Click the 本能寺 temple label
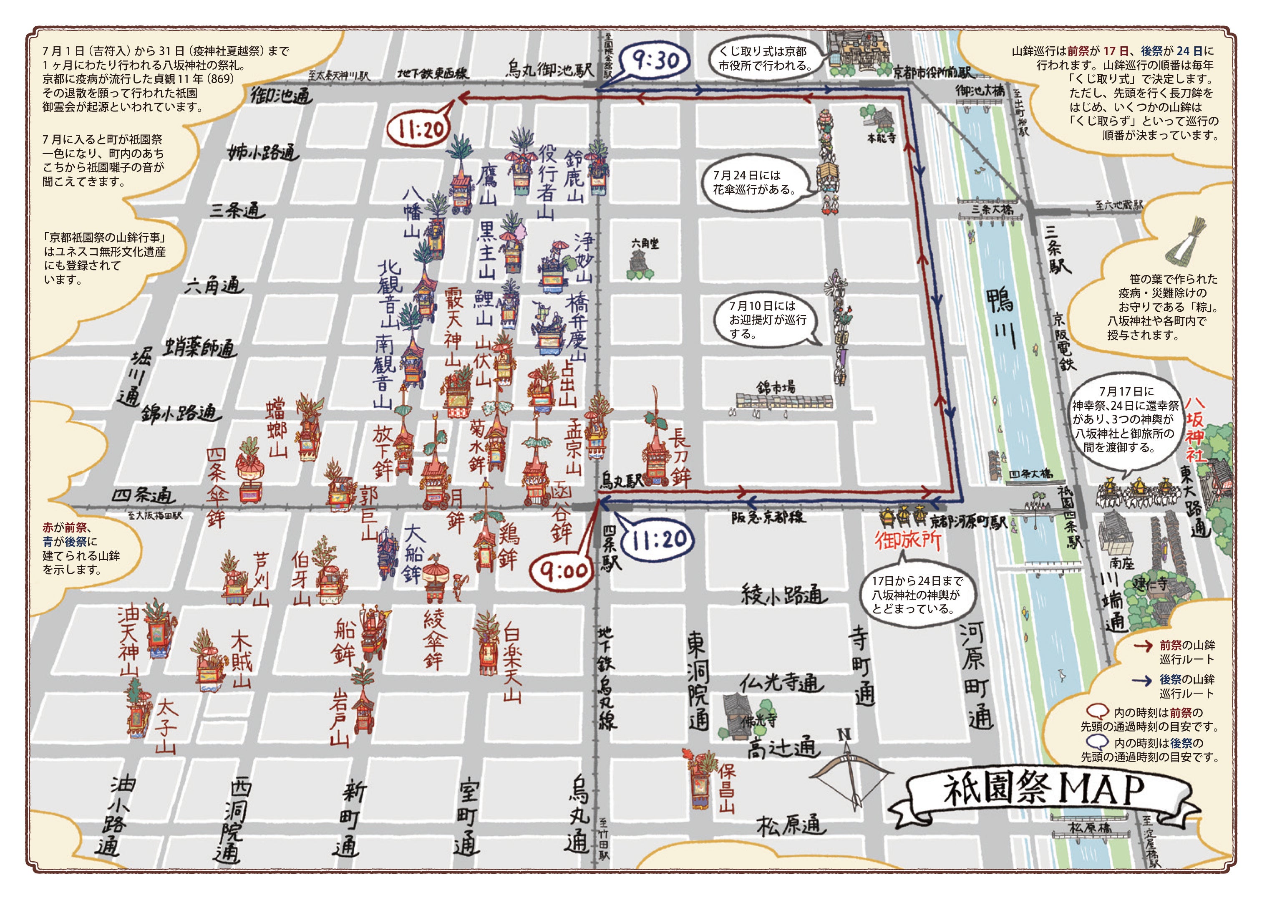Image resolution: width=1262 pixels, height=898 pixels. (881, 138)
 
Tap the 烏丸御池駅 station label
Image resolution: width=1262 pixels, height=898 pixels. (549, 70)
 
